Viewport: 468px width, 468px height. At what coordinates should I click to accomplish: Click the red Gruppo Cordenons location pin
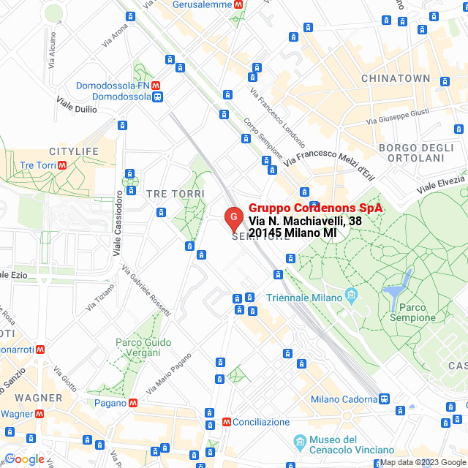point(233,218)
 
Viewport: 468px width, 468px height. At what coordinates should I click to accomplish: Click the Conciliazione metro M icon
point(227,422)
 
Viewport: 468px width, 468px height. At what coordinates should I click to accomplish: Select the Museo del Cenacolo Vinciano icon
point(300,442)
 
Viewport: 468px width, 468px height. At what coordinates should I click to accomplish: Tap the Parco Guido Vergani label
point(143,347)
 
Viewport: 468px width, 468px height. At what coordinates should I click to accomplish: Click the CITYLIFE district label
point(74,151)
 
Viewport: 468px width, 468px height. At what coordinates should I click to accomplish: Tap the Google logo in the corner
point(24,459)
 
